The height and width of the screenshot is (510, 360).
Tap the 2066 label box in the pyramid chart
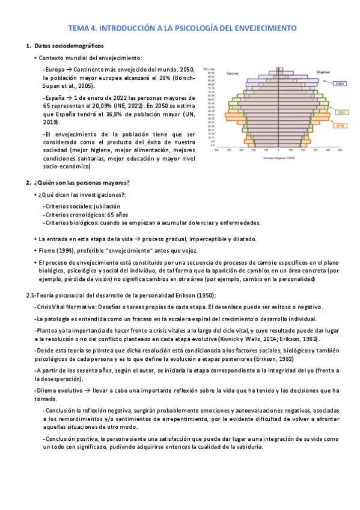point(339,84)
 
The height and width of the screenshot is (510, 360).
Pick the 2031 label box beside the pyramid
point(342,112)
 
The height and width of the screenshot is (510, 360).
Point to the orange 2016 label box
point(340,126)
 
